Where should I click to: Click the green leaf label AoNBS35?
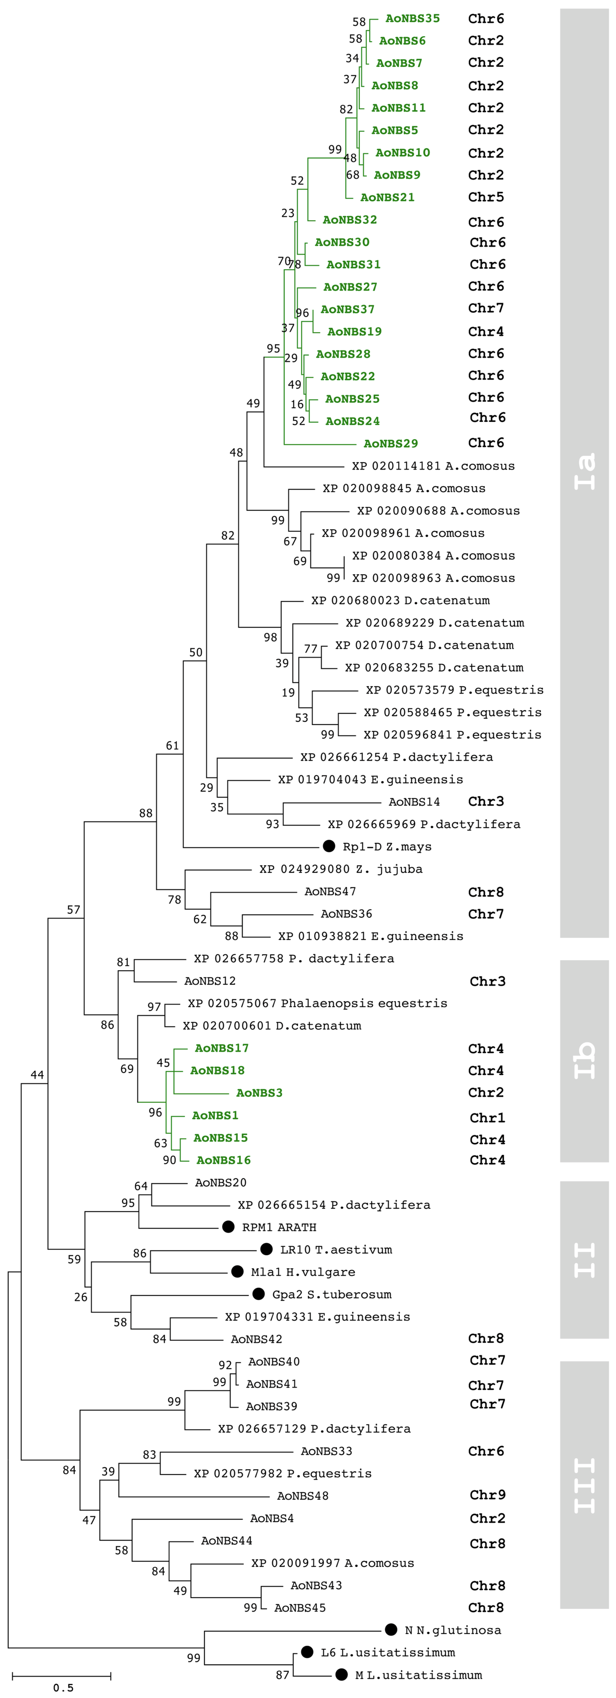tap(412, 18)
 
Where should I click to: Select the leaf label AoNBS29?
tap(391, 444)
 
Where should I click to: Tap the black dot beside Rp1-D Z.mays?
tap(329, 846)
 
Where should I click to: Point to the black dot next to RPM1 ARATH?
tap(228, 1227)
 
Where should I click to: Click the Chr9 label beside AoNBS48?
tap(488, 1495)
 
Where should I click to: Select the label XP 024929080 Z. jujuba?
tap(341, 869)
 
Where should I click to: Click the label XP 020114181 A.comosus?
tap(433, 466)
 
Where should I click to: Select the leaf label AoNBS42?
tap(256, 1339)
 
